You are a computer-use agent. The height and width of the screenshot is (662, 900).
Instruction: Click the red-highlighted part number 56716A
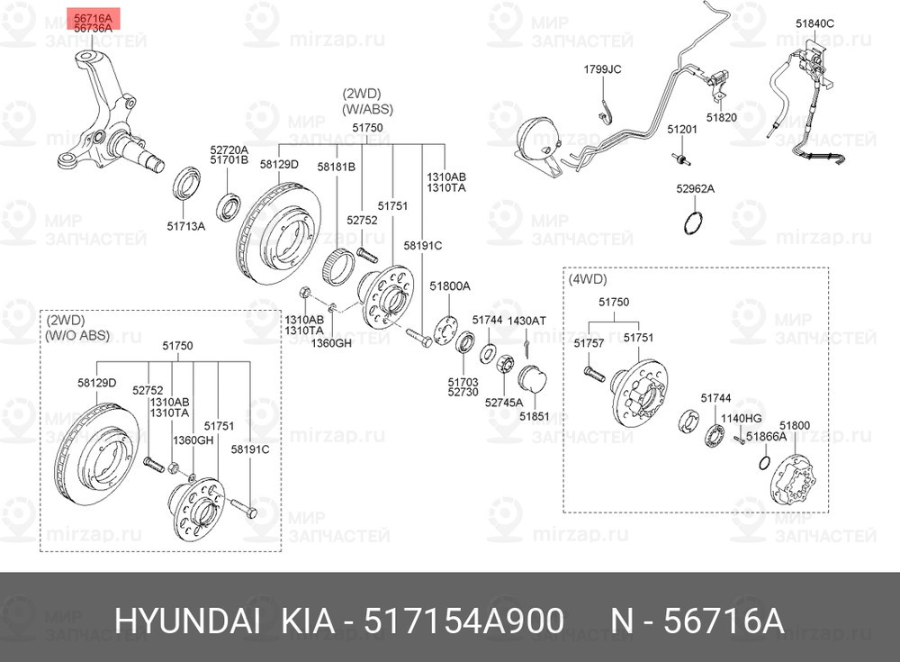[x=94, y=18]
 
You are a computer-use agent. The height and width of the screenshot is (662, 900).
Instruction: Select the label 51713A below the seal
[x=186, y=225]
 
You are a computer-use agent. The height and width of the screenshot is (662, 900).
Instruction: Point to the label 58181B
[x=336, y=167]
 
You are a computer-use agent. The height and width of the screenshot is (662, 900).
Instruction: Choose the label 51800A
[x=449, y=286]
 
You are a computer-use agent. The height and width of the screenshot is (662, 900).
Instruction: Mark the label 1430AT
[x=526, y=320]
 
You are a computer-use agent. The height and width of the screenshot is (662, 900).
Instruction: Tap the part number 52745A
[x=503, y=403]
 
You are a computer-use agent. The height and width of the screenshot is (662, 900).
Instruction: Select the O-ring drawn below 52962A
[x=692, y=222]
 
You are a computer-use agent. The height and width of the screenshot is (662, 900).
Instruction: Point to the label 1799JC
[x=602, y=69]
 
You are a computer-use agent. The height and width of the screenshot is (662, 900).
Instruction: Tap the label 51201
[x=681, y=130]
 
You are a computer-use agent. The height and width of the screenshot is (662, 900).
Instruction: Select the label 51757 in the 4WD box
[x=589, y=343]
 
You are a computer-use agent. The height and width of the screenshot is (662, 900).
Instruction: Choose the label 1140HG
[x=744, y=418]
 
